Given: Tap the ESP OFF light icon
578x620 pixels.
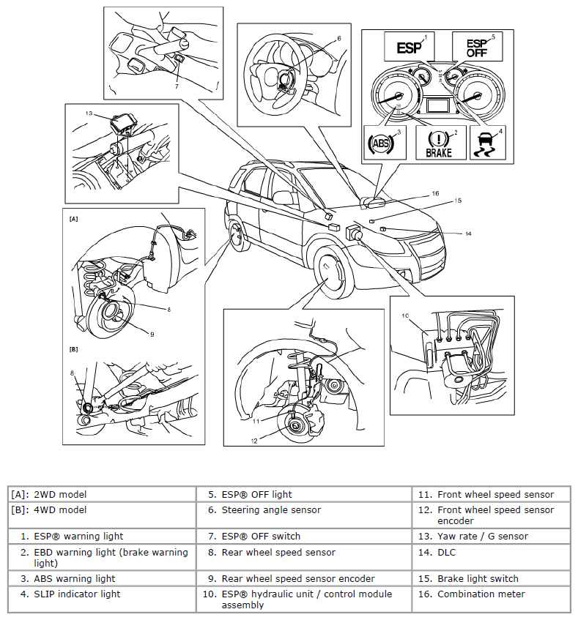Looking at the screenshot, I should [x=473, y=48].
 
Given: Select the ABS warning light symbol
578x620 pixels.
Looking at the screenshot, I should [x=382, y=143].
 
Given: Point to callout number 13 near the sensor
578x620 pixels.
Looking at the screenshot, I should [x=89, y=113].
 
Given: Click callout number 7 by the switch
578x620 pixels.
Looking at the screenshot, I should [x=177, y=86].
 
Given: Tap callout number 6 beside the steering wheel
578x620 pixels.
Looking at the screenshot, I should [x=339, y=37].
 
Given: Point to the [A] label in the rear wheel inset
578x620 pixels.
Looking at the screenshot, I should [x=73, y=218].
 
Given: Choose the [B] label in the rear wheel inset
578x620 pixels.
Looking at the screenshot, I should [x=73, y=350].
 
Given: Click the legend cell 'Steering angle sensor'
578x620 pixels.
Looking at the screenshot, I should [x=271, y=509].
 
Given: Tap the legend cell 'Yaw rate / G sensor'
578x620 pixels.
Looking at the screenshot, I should [x=482, y=536].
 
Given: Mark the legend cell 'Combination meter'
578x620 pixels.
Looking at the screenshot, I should [x=481, y=594].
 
